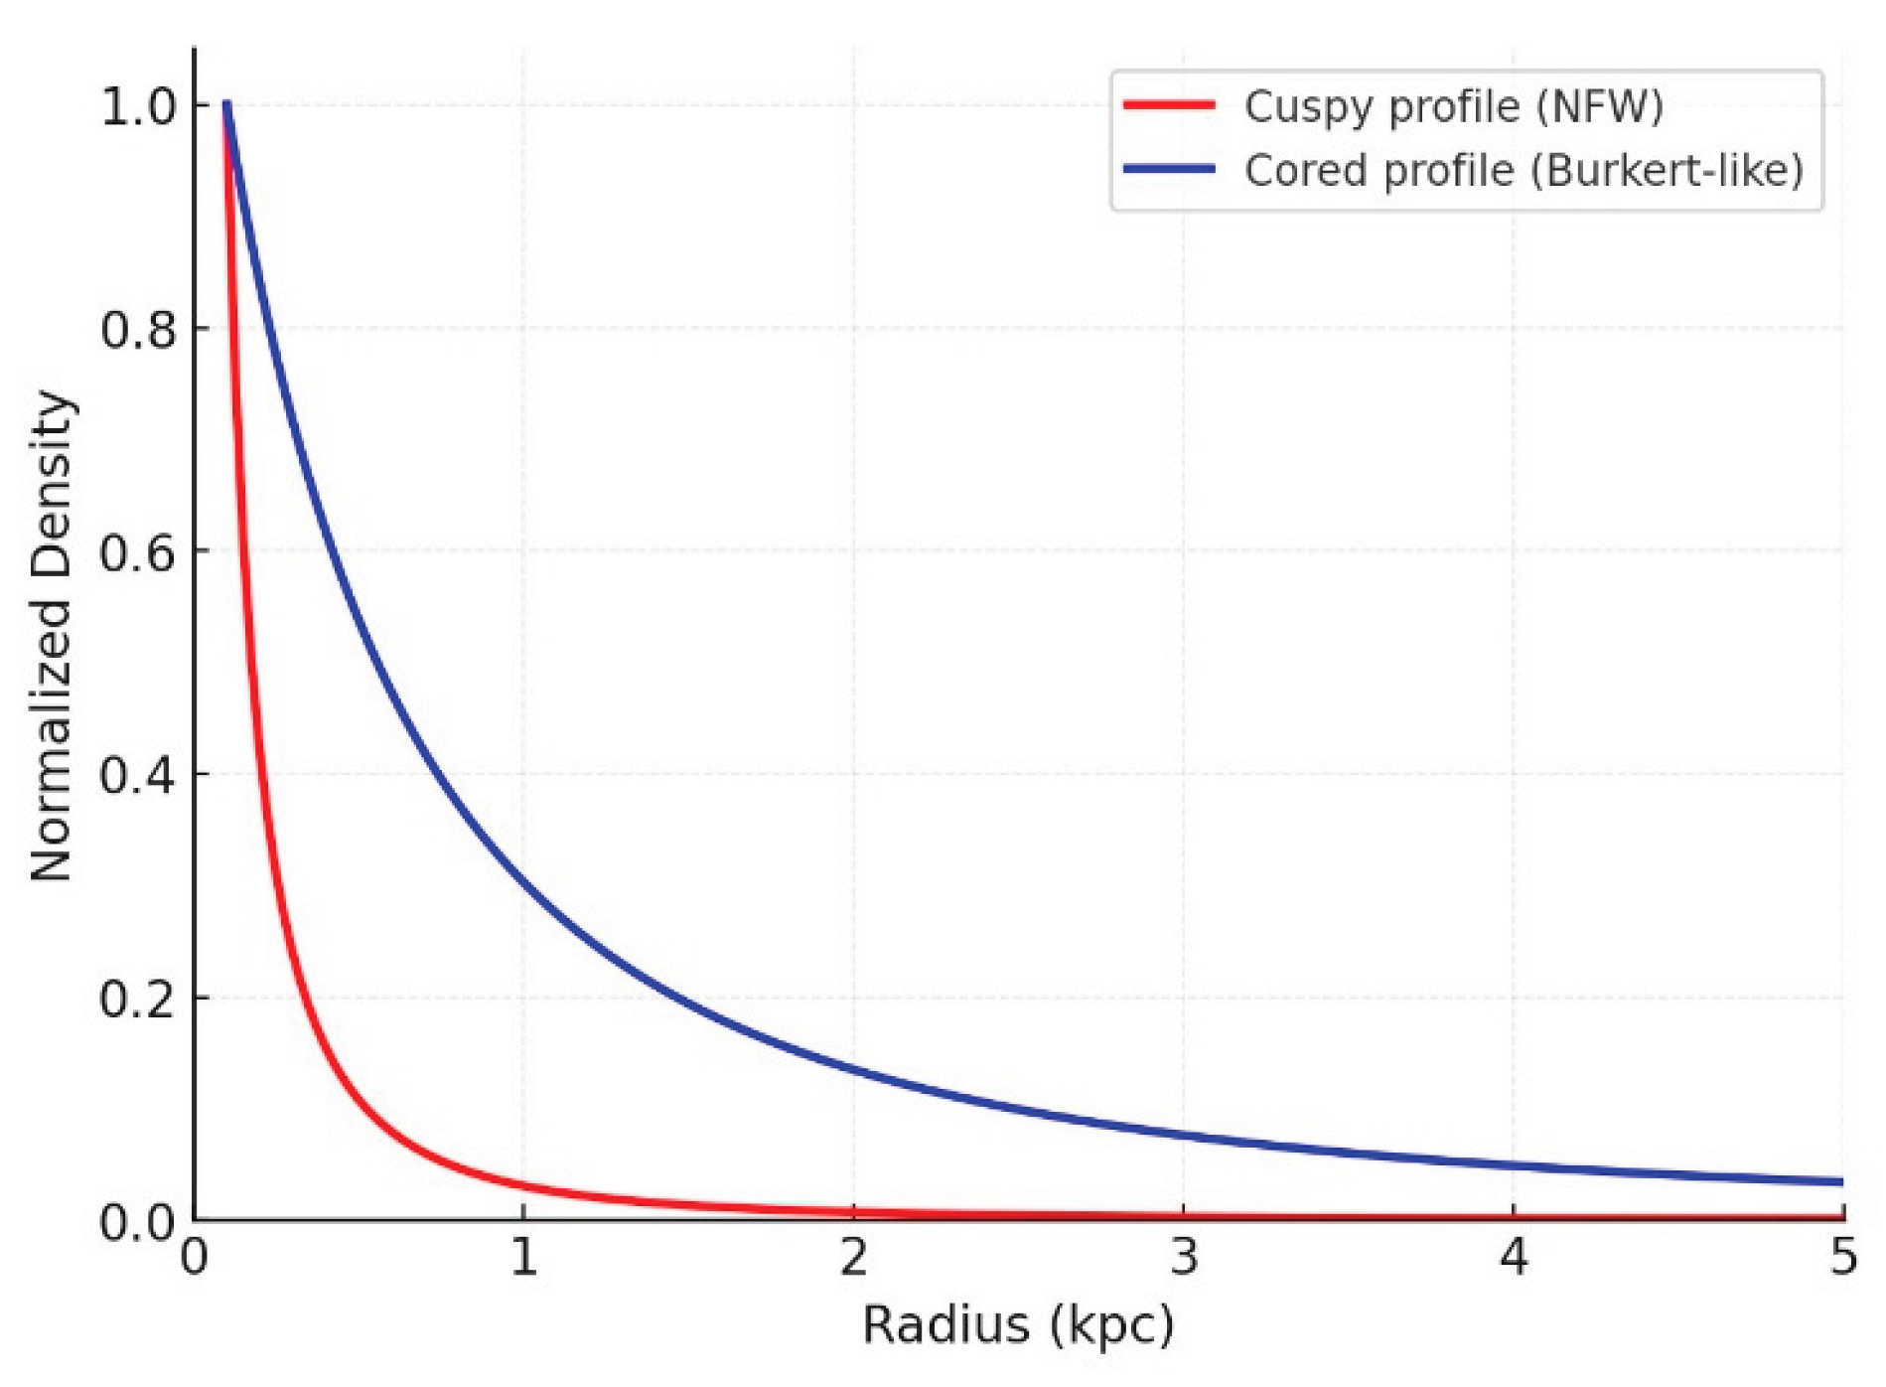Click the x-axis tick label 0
tap(195, 1258)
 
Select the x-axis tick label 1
tap(524, 1258)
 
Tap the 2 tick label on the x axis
tap(854, 1258)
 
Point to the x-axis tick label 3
tap(1184, 1258)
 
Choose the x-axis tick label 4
tap(1514, 1258)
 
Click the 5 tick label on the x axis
tap(1843, 1258)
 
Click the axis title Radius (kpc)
tap(1018, 1325)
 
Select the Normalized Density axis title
tap(52, 636)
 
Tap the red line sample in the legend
tap(1169, 104)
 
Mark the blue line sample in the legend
tap(1169, 169)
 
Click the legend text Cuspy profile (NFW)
tap(1454, 106)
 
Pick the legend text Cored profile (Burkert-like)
tap(1523, 171)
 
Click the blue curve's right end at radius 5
tap(1841, 1182)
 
